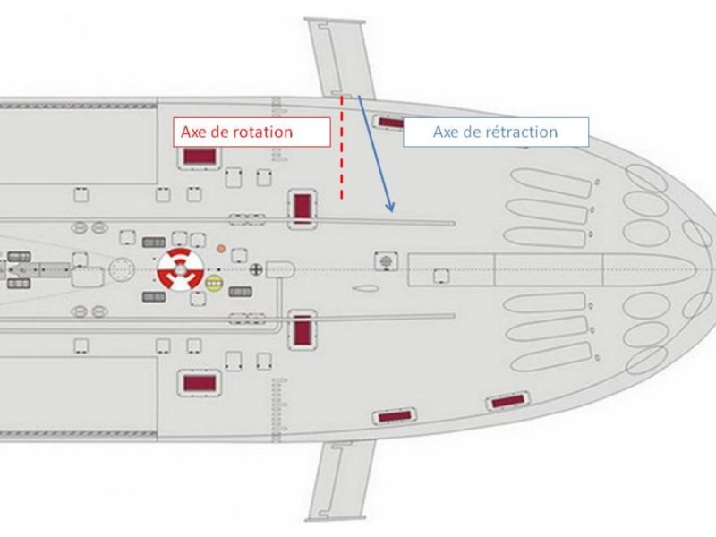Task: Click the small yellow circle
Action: click(x=214, y=284)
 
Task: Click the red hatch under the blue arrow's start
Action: click(x=390, y=123)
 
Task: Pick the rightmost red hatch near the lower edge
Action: click(x=507, y=402)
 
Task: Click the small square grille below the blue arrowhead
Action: click(x=386, y=260)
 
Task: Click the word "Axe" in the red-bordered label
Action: click(x=193, y=132)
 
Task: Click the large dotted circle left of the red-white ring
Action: click(x=120, y=268)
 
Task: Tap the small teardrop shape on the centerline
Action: click(x=364, y=288)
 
